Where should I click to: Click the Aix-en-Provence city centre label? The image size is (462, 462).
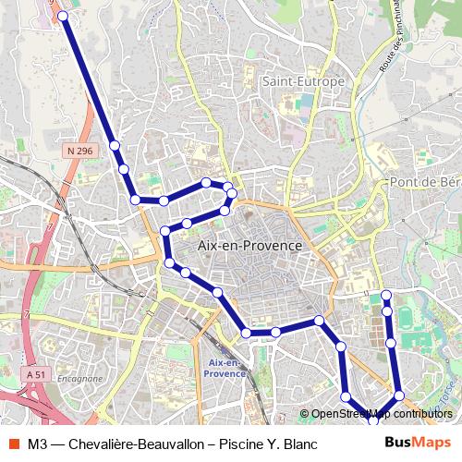(x=249, y=246)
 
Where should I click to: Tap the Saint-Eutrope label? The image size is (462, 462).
(x=302, y=81)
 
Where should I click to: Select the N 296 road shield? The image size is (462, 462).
(x=80, y=150)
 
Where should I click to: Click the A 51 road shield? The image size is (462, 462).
(x=36, y=374)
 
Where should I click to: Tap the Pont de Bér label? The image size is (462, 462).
(x=424, y=182)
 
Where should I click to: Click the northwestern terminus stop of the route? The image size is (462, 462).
(x=63, y=17)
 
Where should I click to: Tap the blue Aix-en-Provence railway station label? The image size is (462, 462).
(x=227, y=369)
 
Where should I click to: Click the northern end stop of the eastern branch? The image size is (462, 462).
(x=387, y=295)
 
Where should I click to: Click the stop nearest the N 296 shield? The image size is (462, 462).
(x=115, y=145)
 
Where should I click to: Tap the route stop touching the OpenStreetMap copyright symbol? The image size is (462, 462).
(x=346, y=397)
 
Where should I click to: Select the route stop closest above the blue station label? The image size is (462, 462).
(x=247, y=333)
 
